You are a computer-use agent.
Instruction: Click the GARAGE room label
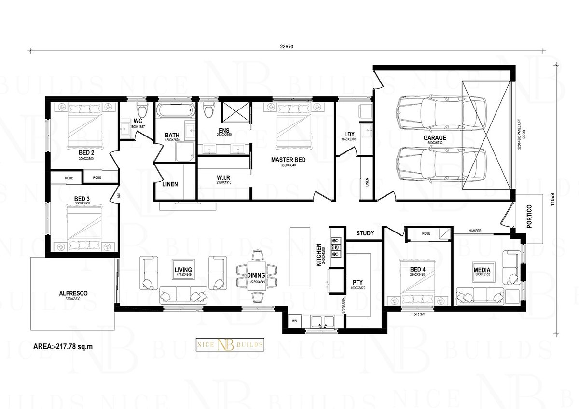pos(435,137)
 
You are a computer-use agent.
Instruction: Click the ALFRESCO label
pos(73,292)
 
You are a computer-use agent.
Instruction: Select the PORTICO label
pos(529,218)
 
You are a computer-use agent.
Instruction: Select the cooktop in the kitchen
pos(336,245)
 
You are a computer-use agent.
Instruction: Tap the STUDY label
pos(365,233)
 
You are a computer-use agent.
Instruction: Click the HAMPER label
pos(475,231)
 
